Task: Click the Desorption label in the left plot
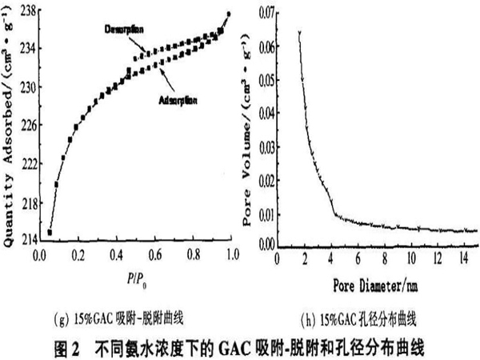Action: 124,30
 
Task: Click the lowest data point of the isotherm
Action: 50,233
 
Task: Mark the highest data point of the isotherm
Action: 230,14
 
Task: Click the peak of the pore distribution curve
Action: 298,32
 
